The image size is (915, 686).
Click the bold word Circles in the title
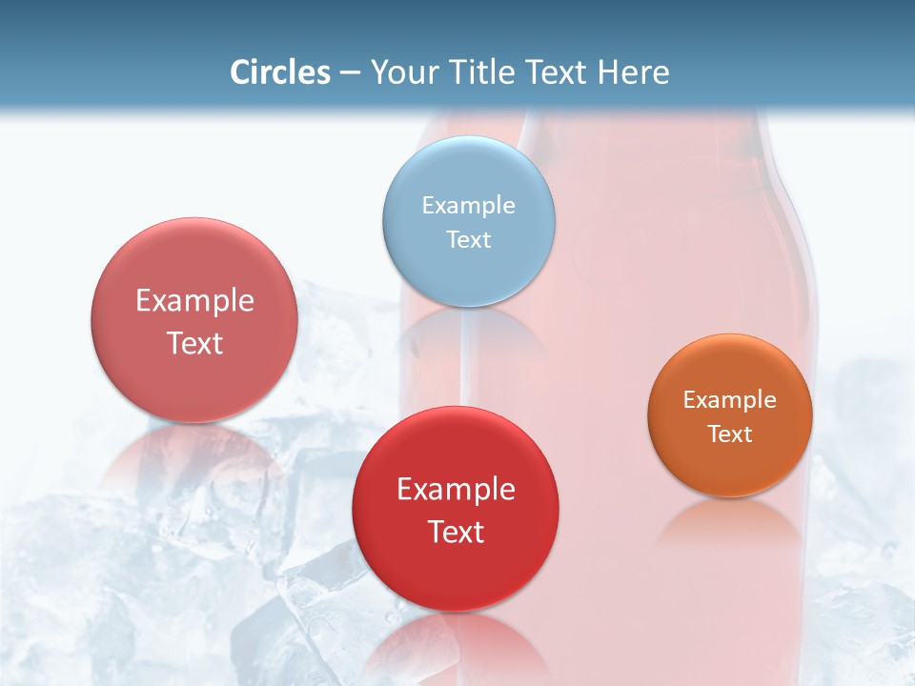click(279, 72)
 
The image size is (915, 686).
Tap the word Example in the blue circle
click(469, 206)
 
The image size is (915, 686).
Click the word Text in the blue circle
click(469, 240)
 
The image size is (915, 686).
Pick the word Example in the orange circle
click(730, 400)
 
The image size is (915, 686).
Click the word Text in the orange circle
click(730, 434)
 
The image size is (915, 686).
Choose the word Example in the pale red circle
click(194, 301)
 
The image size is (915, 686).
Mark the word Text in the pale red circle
click(194, 343)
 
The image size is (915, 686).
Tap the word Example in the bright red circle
click(456, 490)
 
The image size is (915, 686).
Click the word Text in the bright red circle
click(456, 532)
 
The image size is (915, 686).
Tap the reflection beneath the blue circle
click(469, 333)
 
